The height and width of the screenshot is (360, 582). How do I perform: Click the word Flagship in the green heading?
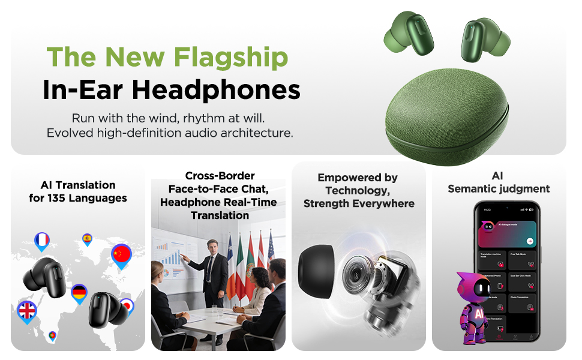coord(230,57)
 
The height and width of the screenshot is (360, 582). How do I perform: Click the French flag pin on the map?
coord(42,241)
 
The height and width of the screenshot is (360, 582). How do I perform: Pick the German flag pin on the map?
coord(79,293)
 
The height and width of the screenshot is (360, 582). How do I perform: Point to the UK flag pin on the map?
coord(27,311)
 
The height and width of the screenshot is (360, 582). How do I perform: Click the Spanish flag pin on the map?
coord(87,239)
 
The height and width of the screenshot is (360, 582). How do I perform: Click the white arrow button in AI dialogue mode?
coord(530,241)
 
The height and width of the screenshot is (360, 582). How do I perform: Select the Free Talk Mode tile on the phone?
coord(523,257)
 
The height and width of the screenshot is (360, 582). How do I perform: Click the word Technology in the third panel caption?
coord(358,190)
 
